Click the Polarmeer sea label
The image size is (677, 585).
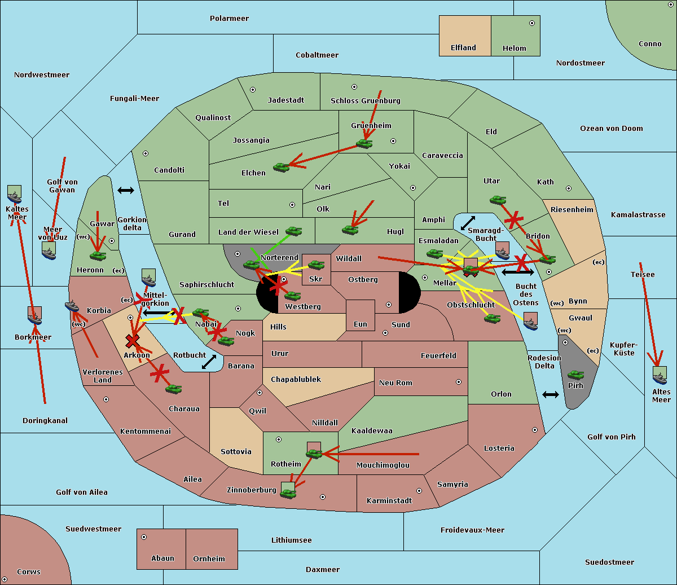(229, 19)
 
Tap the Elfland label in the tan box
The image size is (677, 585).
(463, 48)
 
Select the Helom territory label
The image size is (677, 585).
(514, 49)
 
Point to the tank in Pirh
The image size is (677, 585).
(575, 375)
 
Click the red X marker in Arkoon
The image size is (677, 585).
(133, 341)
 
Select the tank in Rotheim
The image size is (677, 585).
(314, 452)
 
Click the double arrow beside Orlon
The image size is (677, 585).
(551, 394)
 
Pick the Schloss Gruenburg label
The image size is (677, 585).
(365, 101)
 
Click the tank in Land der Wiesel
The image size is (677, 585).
(293, 231)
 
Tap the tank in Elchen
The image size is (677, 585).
(281, 167)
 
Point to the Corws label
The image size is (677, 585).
(28, 571)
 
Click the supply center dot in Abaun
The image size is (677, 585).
(144, 537)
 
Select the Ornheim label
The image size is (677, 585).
(209, 558)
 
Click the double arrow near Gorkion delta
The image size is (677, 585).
(126, 190)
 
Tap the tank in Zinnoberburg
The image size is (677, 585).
(288, 494)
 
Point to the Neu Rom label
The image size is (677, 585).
(395, 382)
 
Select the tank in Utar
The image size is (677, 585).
(498, 200)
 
